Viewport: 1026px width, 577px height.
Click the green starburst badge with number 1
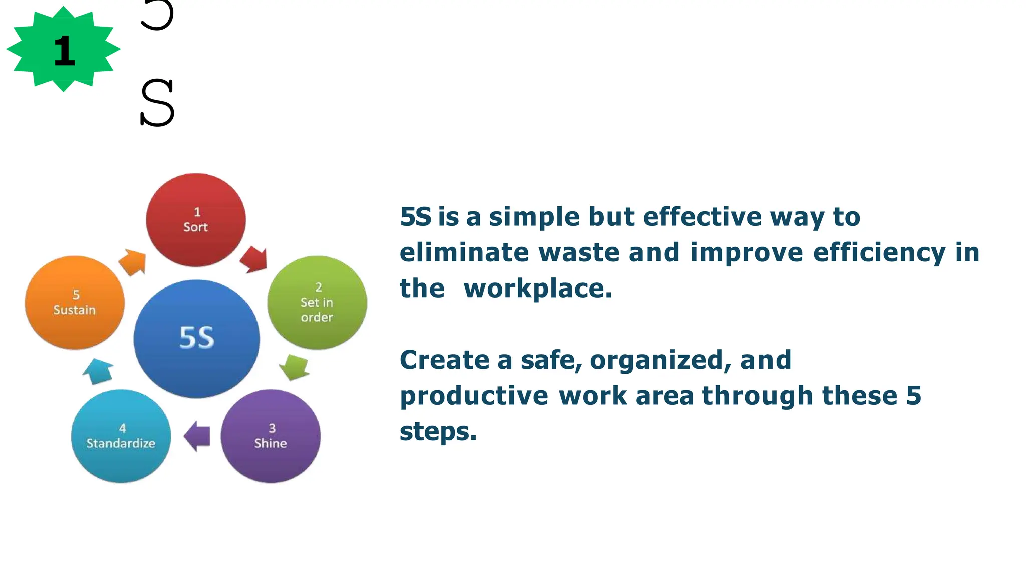[64, 49]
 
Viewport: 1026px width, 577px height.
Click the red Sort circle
[196, 220]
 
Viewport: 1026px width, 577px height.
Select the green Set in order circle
[317, 302]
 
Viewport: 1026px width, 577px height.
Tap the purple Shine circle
[271, 436]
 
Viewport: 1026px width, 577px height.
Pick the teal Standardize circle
[121, 436]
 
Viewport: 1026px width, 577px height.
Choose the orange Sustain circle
[75, 302]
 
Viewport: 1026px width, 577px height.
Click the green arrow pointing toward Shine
[295, 367]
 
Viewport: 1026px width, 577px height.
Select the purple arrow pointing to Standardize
[197, 436]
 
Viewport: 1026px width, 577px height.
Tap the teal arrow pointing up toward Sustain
[98, 371]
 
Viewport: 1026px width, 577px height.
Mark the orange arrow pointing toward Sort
[133, 262]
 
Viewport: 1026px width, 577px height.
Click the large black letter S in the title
[157, 103]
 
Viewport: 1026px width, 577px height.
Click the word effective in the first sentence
[702, 217]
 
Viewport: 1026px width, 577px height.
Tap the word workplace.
[538, 288]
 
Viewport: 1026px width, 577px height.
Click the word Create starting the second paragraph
[444, 360]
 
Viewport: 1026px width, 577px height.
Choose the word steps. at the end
[438, 432]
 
